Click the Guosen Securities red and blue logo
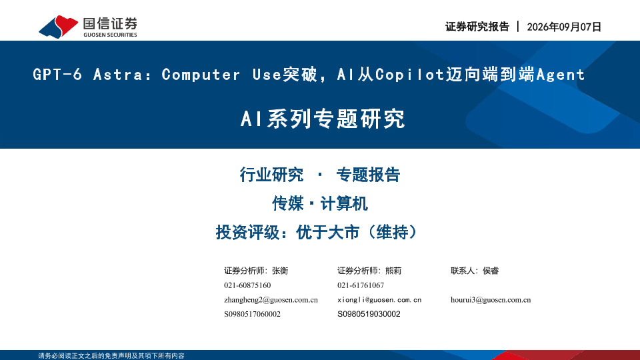point(59,27)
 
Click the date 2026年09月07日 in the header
point(564,27)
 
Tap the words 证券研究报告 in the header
point(477,27)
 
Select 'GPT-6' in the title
point(57,74)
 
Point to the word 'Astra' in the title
point(119,74)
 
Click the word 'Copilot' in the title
point(409,74)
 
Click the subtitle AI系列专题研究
point(323,119)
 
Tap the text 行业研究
point(271,175)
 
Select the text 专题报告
point(368,175)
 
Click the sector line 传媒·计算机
point(320,203)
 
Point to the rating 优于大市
point(328,232)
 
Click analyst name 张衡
point(280,271)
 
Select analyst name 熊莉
point(393,271)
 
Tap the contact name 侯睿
point(491,271)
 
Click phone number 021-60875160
point(247,285)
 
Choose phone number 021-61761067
point(361,285)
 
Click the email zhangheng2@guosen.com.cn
point(271,300)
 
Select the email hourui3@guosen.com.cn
point(491,300)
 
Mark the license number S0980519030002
point(369,314)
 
